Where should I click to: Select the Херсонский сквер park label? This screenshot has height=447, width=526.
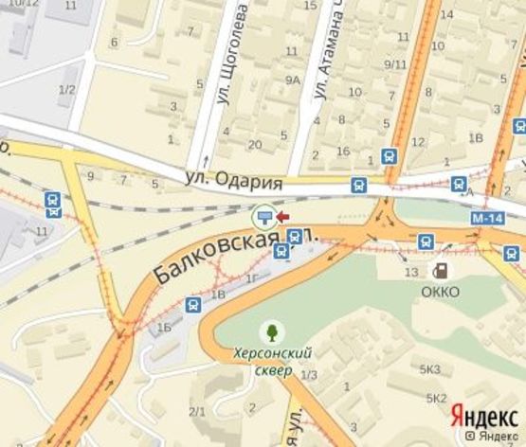pos(273,361)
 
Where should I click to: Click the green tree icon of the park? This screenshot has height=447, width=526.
pos(273,331)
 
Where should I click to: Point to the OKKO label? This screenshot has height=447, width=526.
pos(440,292)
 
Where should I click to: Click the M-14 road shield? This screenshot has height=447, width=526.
pos(486,219)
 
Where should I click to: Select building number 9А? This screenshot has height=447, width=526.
pos(294,80)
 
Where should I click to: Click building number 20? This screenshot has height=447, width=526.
pos(255,144)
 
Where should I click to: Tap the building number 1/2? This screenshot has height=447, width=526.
pos(66,90)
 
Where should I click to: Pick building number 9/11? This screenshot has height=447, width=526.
pos(395,64)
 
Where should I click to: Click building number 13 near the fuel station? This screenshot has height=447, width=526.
pos(410,273)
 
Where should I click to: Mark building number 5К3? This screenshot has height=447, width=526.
pos(430,368)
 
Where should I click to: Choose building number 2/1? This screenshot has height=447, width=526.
pos(197,410)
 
